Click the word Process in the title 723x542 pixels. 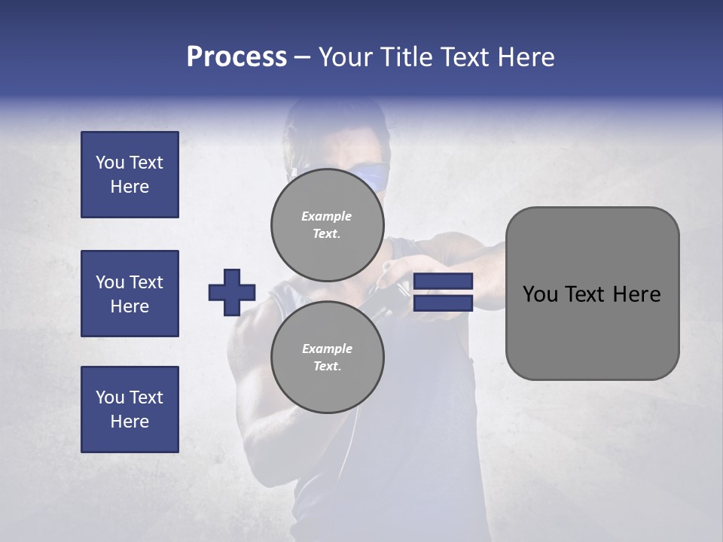click(x=236, y=57)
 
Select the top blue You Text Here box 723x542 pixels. click(x=130, y=175)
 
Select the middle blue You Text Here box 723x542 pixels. click(x=130, y=294)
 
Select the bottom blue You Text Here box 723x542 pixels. click(x=130, y=410)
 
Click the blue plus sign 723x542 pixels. click(x=232, y=292)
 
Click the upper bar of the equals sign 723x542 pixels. click(x=443, y=282)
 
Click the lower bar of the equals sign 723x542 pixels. click(x=443, y=303)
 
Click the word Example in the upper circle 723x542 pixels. click(x=326, y=216)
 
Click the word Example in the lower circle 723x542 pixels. click(x=327, y=349)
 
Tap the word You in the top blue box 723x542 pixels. click(x=110, y=163)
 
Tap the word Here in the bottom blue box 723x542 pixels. click(x=130, y=422)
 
